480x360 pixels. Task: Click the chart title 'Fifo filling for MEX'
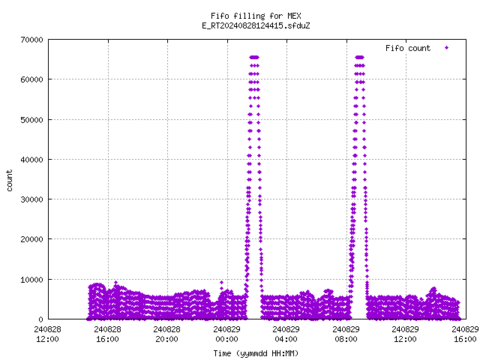pos(256,16)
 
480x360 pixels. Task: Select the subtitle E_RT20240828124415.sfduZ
pos(256,25)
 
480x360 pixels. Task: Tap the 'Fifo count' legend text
pos(408,48)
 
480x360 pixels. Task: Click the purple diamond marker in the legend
pos(447,48)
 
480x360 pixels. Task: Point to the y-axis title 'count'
pos(10,181)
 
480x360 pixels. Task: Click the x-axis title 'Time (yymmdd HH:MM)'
pos(256,353)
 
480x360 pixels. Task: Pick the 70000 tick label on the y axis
pos(31,40)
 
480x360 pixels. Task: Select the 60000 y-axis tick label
pos(31,79)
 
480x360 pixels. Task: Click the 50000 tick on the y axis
pos(31,120)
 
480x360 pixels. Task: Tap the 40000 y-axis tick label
pos(31,160)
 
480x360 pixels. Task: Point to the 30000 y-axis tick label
pos(31,199)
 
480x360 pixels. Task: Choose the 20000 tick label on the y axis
pos(31,239)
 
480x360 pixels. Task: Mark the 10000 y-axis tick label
pos(31,280)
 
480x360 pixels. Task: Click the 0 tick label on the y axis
pos(40,319)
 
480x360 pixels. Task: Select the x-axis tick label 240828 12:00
pos(48,334)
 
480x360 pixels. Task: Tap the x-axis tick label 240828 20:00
pos(166,334)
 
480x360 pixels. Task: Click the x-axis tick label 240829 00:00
pos(226,334)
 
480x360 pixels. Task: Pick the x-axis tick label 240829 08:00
pos(346,334)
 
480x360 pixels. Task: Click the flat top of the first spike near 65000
pos(254,57)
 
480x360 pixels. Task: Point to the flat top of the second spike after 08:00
pos(360,57)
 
